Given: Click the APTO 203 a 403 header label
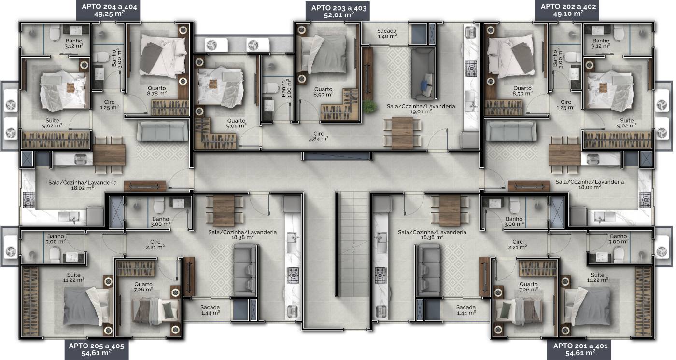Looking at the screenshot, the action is coord(338,11).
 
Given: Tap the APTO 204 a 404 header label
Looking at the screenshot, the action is coord(109,10).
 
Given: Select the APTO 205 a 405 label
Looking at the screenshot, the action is coord(96,349).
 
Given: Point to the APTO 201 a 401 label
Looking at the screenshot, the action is coord(580,349).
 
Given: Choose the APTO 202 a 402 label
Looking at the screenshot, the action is coord(568,10).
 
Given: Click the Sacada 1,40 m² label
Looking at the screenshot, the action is coord(387,33).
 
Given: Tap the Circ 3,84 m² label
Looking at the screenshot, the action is coord(319,136).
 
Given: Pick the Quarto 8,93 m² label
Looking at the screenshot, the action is coord(323,92).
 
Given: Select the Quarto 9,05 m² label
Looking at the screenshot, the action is coord(236,124).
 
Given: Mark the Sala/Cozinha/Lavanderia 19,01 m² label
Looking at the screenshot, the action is coord(421,109).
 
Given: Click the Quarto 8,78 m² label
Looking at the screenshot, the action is coord(157,91).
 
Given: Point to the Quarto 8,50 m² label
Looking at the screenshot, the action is coord(522,91).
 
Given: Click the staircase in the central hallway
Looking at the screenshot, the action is coord(353,244).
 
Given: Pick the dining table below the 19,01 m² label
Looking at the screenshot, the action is coord(402,133).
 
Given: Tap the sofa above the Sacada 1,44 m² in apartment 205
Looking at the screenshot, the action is coord(245,270).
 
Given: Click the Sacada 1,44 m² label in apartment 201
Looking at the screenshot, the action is coord(466,310).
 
